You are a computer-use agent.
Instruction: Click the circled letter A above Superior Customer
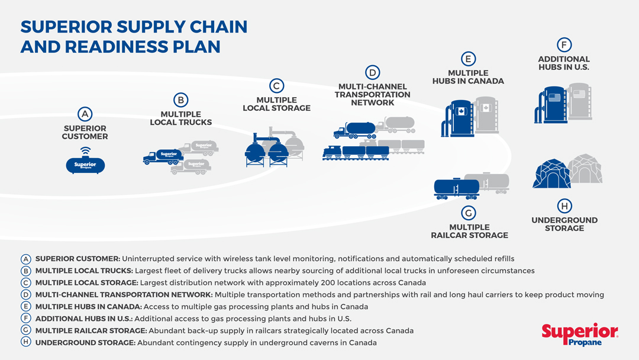(85, 113)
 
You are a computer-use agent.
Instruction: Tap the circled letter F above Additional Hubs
(564, 44)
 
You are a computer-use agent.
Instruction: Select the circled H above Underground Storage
(564, 206)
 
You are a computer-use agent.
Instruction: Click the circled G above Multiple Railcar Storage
(468, 213)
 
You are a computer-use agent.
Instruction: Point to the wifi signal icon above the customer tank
(86, 151)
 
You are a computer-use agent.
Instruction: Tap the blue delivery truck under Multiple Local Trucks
(163, 157)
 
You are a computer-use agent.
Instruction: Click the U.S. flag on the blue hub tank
(554, 98)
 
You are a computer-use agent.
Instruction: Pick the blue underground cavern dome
(551, 173)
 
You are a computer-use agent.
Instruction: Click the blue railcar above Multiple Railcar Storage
(456, 188)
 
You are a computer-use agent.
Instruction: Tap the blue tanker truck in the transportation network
(354, 130)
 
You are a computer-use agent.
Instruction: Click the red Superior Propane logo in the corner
(579, 335)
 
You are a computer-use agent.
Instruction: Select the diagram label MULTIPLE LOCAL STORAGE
(276, 104)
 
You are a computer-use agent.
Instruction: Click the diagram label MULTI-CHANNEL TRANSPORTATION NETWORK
(372, 95)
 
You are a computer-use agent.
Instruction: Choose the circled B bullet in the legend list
(25, 271)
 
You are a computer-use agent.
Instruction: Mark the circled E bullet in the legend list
(25, 307)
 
